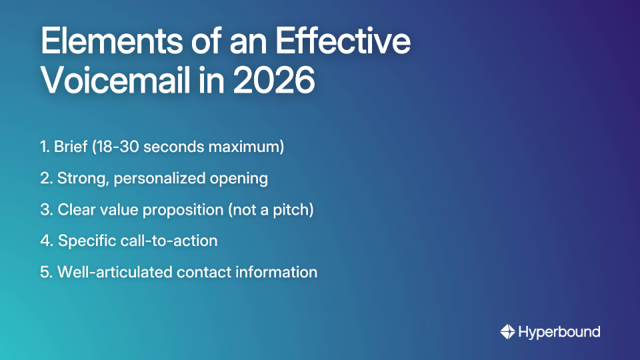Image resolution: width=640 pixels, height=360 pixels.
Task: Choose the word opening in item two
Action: pyautogui.click(x=242, y=179)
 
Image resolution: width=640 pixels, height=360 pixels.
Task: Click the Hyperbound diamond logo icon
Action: pyautogui.click(x=507, y=332)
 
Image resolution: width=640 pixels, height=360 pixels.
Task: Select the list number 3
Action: pyautogui.click(x=45, y=210)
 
